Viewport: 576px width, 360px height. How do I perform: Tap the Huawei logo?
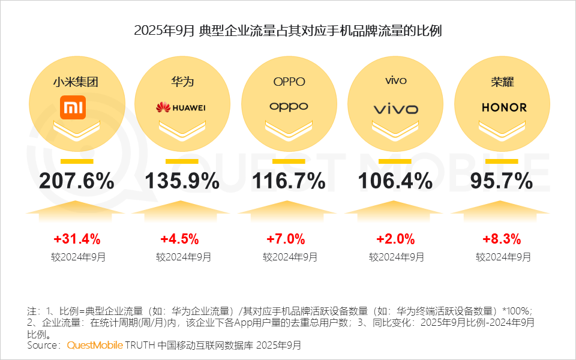coord(181,107)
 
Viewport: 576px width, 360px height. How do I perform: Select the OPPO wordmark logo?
coord(289,107)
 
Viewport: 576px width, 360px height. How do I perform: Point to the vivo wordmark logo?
coord(395,109)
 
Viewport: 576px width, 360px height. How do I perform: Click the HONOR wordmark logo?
coord(504,107)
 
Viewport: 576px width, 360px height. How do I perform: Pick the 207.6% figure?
coord(77,181)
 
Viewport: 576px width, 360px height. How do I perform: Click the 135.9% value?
coord(182,181)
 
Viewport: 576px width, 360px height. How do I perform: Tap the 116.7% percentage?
coord(289,181)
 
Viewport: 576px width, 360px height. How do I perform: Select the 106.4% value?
coord(395,181)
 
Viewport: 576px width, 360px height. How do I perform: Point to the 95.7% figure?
coord(502,181)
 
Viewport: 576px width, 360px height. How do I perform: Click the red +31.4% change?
coord(76,239)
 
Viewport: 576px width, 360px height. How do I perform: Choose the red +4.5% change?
coord(179,239)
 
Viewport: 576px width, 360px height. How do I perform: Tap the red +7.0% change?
coord(286,239)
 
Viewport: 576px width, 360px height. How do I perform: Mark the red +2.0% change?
coord(395,239)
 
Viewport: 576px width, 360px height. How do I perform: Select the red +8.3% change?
coord(502,239)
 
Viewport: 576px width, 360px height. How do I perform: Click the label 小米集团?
coord(76,82)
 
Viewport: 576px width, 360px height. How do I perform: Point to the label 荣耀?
coord(502,82)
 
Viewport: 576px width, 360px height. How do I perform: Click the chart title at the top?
coord(288,31)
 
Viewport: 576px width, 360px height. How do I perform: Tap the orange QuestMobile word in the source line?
coord(94,346)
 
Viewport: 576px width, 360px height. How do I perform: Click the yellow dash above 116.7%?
coord(289,161)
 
